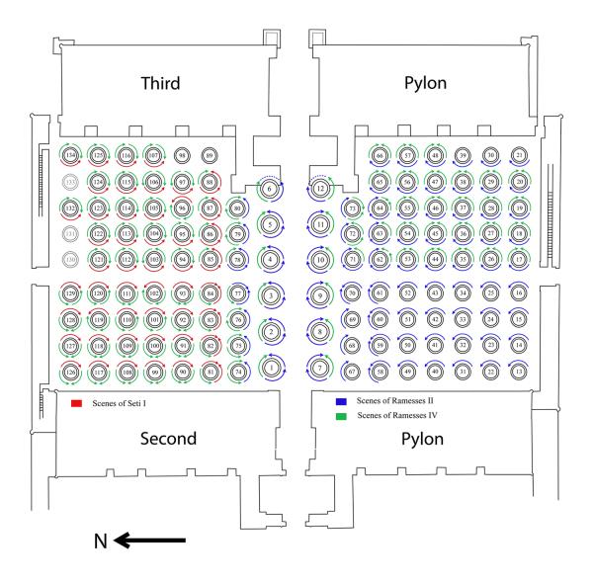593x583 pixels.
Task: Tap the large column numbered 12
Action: (321, 188)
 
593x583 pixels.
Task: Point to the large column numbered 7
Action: (319, 368)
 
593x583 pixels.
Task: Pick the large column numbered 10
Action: (319, 260)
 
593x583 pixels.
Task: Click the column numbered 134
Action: (70, 156)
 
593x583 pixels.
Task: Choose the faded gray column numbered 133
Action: (70, 182)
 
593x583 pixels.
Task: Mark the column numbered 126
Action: (70, 372)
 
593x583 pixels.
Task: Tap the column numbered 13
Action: (520, 372)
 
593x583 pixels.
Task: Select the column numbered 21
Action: (520, 156)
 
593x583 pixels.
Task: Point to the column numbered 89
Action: (209, 156)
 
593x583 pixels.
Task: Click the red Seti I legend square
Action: (77, 404)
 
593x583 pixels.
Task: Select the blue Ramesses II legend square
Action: (341, 404)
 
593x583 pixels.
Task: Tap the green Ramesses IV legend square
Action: (341, 417)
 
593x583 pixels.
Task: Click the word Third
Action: (160, 84)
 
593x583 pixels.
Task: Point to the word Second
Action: (159, 438)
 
